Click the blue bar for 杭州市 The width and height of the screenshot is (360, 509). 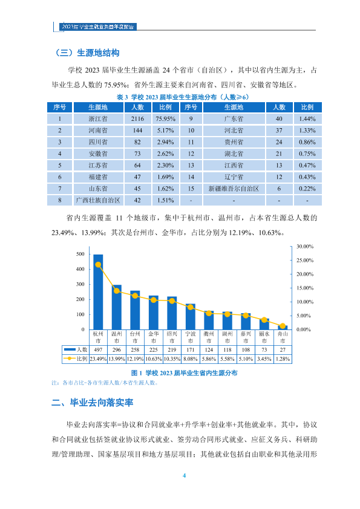pyautogui.click(x=98, y=292)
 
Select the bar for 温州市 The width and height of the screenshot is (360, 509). pyautogui.click(x=117, y=307)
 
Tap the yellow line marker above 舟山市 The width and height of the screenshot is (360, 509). pyautogui.click(x=283, y=326)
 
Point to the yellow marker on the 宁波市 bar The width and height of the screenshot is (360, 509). pyautogui.click(x=191, y=307)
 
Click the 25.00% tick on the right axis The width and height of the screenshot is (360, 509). pyautogui.click(x=305, y=261)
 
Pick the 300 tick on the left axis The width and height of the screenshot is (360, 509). pyautogui.click(x=80, y=284)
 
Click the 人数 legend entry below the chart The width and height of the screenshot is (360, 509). pyautogui.click(x=76, y=349)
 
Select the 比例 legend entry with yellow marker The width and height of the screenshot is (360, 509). pyautogui.click(x=76, y=358)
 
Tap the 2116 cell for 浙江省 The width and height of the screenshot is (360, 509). pyautogui.click(x=137, y=119)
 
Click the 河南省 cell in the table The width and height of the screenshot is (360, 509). pyautogui.click(x=98, y=131)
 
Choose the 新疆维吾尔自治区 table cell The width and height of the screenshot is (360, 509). pyautogui.click(x=234, y=189)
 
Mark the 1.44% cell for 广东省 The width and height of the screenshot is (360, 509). pyautogui.click(x=307, y=119)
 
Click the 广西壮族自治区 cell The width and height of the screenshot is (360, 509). pyautogui.click(x=98, y=200)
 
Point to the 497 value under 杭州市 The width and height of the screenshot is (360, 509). pyautogui.click(x=98, y=349)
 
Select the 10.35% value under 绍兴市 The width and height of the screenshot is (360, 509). pyautogui.click(x=172, y=358)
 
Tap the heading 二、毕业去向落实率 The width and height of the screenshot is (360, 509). pyautogui.click(x=93, y=403)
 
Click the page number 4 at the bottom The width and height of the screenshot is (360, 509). pyautogui.click(x=184, y=476)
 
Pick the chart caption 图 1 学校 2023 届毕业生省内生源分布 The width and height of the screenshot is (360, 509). pyautogui.click(x=184, y=373)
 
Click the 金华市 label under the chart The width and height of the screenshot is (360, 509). pyautogui.click(x=153, y=337)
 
